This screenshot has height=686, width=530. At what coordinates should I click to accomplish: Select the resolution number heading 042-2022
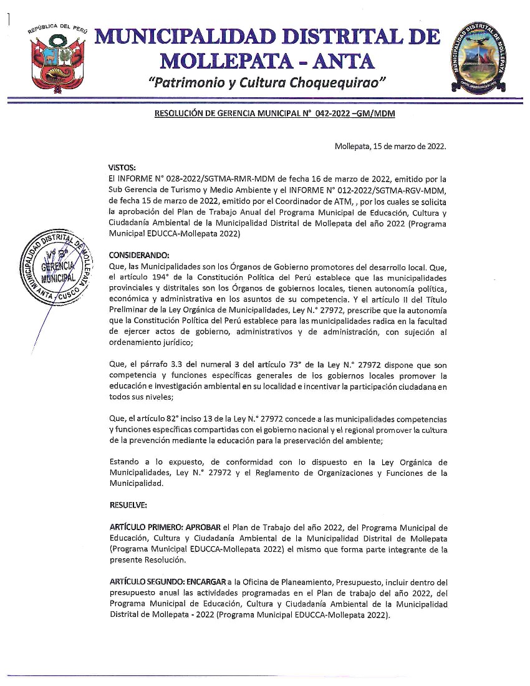pos(274,114)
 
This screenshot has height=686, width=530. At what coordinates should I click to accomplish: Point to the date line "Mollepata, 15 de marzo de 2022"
pos(390,147)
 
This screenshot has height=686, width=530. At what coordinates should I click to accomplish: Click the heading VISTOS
pos(122,168)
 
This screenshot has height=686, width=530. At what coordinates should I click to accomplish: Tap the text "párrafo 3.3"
pos(152,364)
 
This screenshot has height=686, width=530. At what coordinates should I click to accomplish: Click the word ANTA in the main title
pos(340,60)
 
